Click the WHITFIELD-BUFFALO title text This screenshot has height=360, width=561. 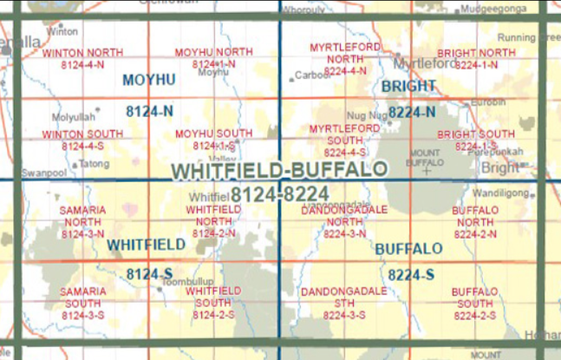click(279, 170)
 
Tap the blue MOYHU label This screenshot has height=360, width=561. click(149, 81)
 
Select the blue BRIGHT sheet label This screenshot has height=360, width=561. click(408, 86)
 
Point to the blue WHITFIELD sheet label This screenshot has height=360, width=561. click(146, 245)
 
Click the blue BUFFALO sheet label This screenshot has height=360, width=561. click(409, 249)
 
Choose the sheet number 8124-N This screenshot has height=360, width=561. click(149, 111)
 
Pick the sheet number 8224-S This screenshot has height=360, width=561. click(411, 275)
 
